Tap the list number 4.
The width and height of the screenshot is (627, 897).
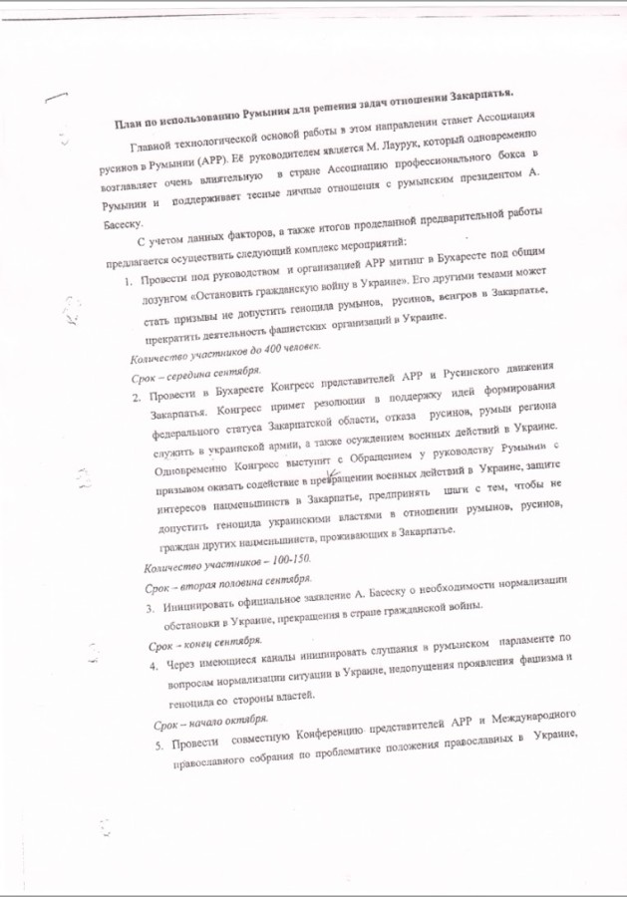[x=156, y=665]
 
